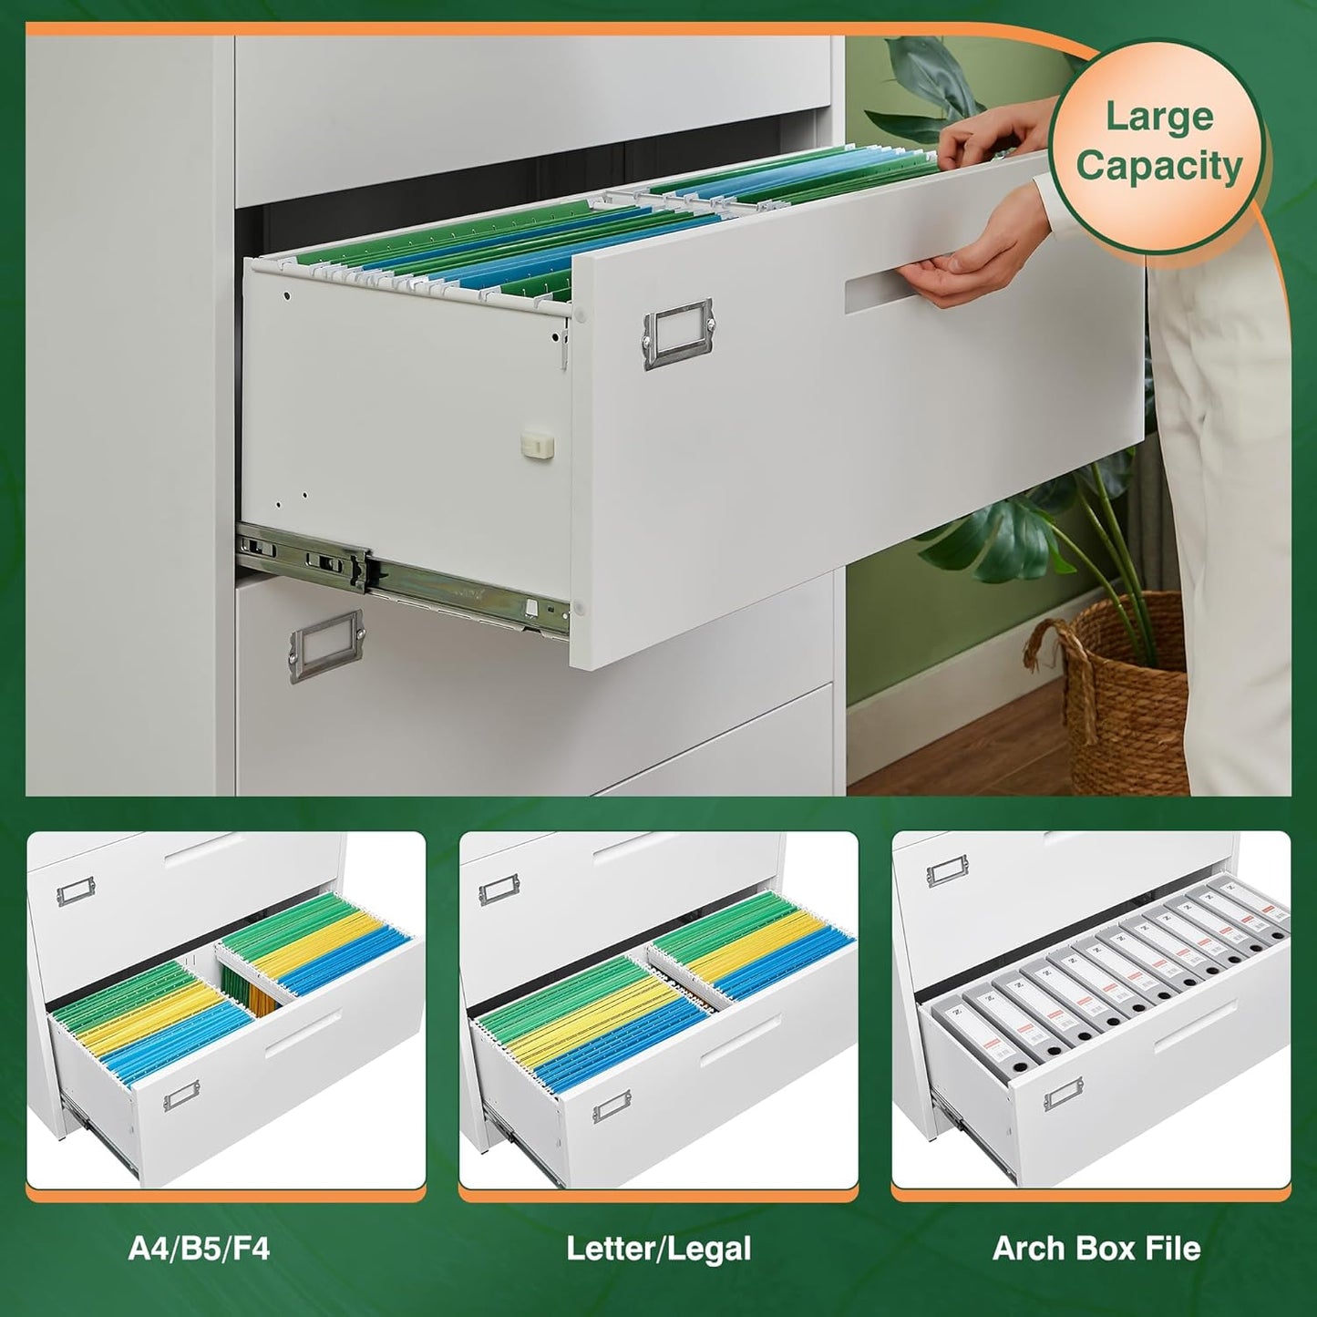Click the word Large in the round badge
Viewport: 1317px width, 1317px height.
(x=1158, y=118)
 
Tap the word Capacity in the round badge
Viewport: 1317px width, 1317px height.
(x=1158, y=167)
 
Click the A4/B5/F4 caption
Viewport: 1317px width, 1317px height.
(x=199, y=1248)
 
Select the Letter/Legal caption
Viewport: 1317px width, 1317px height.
(x=658, y=1248)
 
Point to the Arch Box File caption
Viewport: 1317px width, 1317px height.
(x=1096, y=1248)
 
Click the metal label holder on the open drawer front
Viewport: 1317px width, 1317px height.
(x=678, y=334)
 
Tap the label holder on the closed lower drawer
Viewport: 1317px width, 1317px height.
(x=326, y=645)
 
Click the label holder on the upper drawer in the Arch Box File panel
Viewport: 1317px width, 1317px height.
(x=947, y=873)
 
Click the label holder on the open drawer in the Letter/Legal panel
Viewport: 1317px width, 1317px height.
(x=612, y=1106)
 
